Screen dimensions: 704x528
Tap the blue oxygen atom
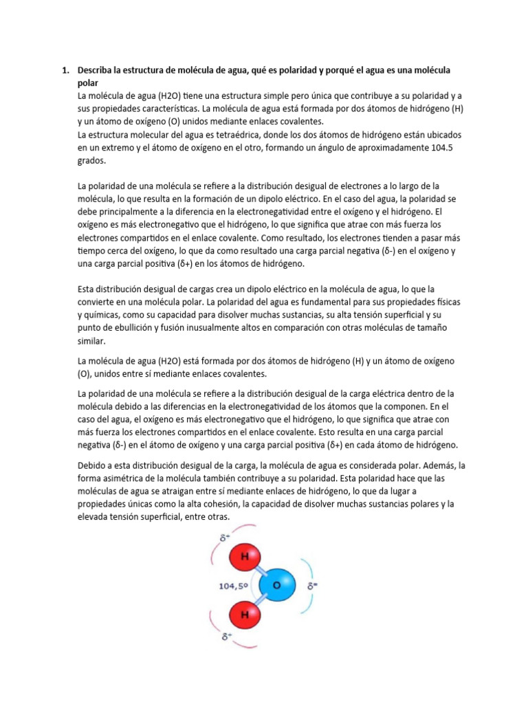click(277, 585)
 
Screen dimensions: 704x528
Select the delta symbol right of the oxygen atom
click(311, 586)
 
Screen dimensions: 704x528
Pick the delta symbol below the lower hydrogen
click(225, 637)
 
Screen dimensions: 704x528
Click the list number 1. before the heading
click(67, 71)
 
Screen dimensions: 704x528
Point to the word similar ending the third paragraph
click(92, 340)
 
